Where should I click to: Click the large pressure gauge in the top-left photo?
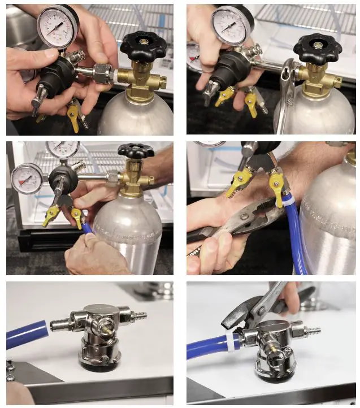click(x=57, y=27)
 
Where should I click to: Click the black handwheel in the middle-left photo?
click(x=136, y=150)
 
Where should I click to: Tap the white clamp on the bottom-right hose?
click(x=232, y=342)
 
